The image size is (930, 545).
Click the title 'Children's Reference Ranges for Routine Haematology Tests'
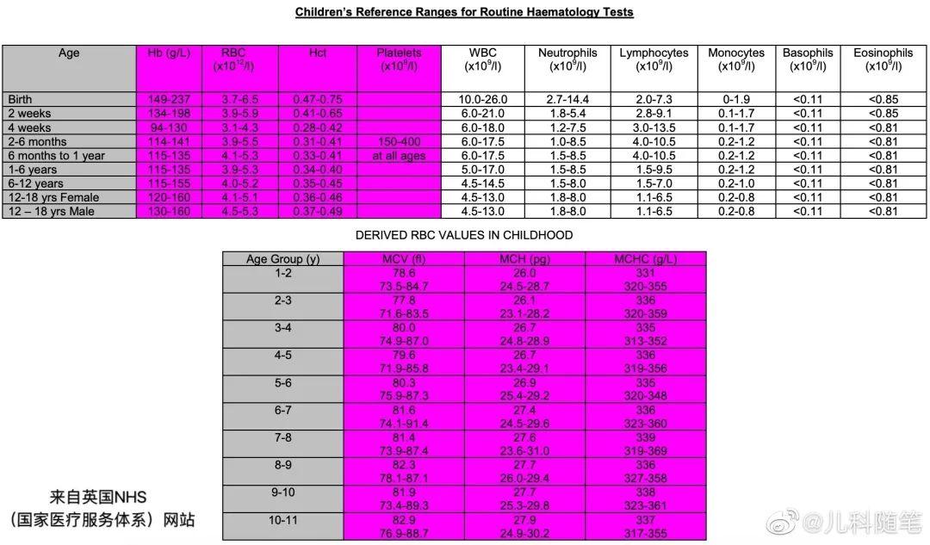[x=464, y=12]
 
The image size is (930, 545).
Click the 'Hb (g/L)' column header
[x=168, y=53]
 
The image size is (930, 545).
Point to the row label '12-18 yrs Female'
[x=53, y=197]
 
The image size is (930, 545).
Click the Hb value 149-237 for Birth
[x=168, y=99]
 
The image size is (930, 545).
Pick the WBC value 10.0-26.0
[x=483, y=99]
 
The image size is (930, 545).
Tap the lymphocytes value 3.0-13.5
[x=654, y=127]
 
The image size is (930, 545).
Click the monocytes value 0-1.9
[x=736, y=99]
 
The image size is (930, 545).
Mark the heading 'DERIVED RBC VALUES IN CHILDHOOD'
[x=464, y=234]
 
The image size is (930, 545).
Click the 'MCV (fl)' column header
[x=403, y=259]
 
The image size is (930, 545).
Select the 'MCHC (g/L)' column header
[x=645, y=259]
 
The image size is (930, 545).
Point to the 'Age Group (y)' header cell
[x=282, y=259]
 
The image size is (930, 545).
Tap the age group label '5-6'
[x=282, y=383]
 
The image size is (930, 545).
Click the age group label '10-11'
[x=282, y=521]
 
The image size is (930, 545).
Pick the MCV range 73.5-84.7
[x=403, y=286]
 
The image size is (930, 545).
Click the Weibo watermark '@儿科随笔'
[x=861, y=522]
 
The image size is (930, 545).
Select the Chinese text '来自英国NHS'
[x=98, y=497]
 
